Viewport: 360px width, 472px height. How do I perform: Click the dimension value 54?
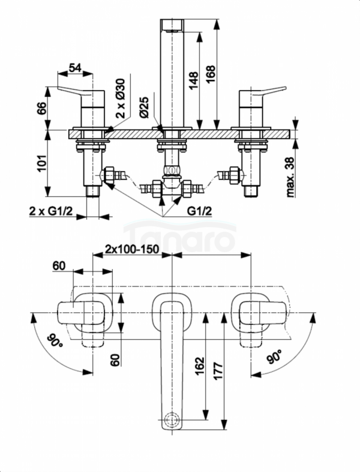point(75,68)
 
